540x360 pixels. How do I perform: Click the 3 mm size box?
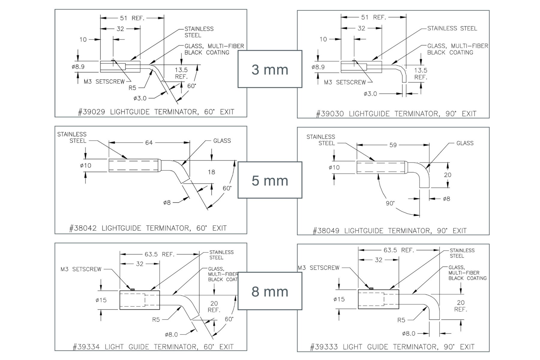point(270,69)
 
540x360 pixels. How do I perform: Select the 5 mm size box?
point(270,180)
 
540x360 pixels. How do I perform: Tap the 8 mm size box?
point(270,291)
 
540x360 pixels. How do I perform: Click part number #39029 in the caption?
point(91,112)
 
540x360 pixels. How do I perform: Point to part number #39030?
point(330,114)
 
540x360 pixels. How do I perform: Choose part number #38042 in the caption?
point(83,228)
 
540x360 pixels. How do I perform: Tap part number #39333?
point(324,347)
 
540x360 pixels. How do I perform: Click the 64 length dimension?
point(149,142)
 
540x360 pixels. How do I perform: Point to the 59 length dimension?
point(393,145)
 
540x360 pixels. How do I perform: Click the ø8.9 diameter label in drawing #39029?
point(78,67)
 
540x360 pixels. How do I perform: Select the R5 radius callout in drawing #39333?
point(401,320)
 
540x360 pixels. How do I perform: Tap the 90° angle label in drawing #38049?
point(390,203)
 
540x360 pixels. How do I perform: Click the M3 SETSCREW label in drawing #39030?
point(345,82)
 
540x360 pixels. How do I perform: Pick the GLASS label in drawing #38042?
point(222,141)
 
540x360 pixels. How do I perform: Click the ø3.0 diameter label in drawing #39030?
point(370,94)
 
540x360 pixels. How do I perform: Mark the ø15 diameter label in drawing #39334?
point(101,300)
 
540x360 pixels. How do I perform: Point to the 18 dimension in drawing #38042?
point(211,172)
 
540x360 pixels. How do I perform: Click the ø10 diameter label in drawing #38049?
point(334,167)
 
